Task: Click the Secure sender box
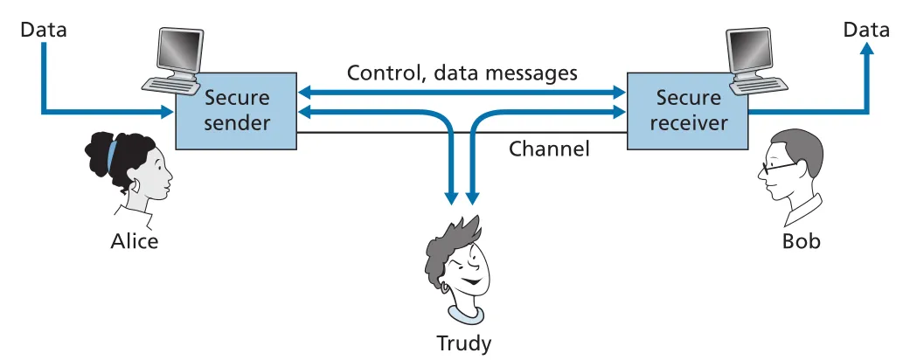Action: [x=237, y=111]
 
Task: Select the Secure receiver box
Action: [x=688, y=111]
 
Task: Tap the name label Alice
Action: [x=134, y=240]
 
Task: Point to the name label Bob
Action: [x=802, y=240]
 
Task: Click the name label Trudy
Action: [x=463, y=343]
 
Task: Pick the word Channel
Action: [x=549, y=149]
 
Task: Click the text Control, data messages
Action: [x=462, y=73]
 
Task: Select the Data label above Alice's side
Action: [x=44, y=30]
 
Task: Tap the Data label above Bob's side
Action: [x=866, y=30]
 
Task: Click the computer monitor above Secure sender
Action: [x=181, y=51]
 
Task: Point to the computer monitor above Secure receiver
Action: [x=750, y=51]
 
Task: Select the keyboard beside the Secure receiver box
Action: [x=758, y=86]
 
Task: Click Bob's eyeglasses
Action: [x=779, y=168]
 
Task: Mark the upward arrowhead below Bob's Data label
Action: [x=866, y=51]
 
